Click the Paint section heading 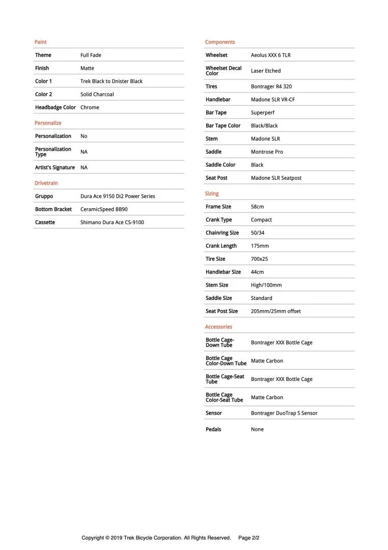40,42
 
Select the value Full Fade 91,55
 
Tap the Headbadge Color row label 55,107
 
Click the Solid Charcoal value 97,94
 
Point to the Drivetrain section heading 46,183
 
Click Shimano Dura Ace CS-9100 112,223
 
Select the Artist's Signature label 54,168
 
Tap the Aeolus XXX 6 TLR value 270,55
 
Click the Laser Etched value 265,71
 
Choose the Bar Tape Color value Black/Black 264,126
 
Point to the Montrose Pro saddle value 267,152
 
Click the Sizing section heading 212,194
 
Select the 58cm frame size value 257,207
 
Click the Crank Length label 221,246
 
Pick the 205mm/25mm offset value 275,311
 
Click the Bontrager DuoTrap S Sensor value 284,413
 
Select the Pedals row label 213,429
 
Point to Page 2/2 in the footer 249,538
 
